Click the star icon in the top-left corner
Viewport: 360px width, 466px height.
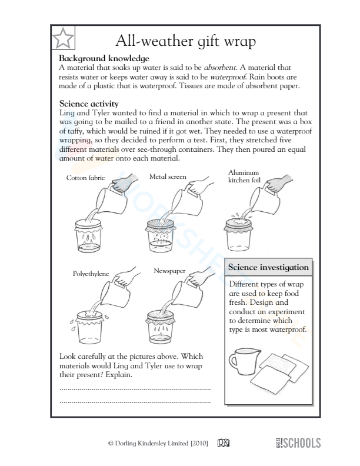63,39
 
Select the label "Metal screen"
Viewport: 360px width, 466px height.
168,176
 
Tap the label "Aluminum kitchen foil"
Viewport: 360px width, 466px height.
243,176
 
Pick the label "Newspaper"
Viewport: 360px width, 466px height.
169,271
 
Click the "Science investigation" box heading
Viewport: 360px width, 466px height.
268,268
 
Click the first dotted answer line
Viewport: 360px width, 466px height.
135,389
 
